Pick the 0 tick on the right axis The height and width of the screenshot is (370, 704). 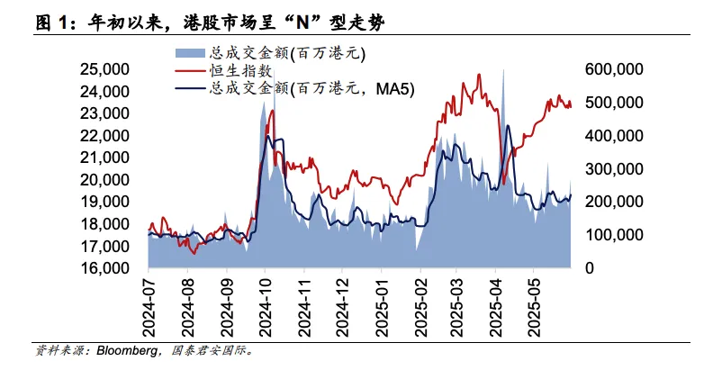(590, 268)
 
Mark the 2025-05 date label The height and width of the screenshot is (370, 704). (533, 305)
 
